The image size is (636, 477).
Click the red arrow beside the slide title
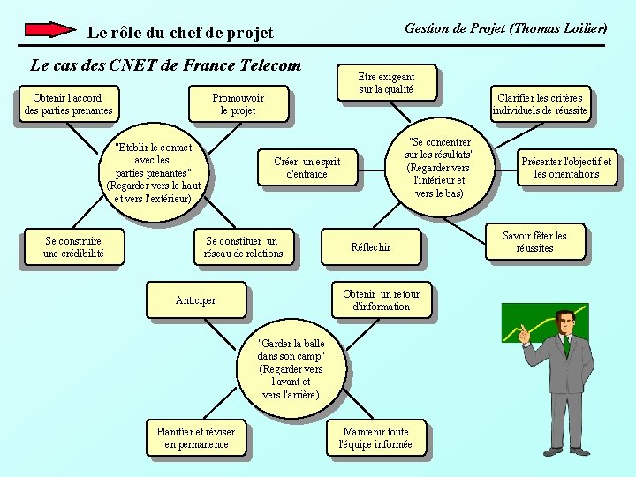tap(50, 29)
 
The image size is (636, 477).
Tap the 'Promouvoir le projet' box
tap(238, 103)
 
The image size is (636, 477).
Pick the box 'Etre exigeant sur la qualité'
tap(386, 83)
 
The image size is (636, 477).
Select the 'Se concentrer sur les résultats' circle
tap(439, 167)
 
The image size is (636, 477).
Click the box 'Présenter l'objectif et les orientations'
tap(566, 167)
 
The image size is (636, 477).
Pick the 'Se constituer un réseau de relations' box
tap(243, 246)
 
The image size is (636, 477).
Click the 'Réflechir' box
tap(371, 246)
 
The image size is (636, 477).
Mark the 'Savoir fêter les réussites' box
tap(534, 241)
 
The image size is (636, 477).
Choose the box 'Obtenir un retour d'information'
tap(381, 299)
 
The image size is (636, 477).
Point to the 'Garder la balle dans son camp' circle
tap(291, 368)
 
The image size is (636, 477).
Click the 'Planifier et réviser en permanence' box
tap(196, 437)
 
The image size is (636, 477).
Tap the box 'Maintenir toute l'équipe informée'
tap(375, 437)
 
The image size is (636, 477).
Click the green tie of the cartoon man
tap(566, 346)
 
